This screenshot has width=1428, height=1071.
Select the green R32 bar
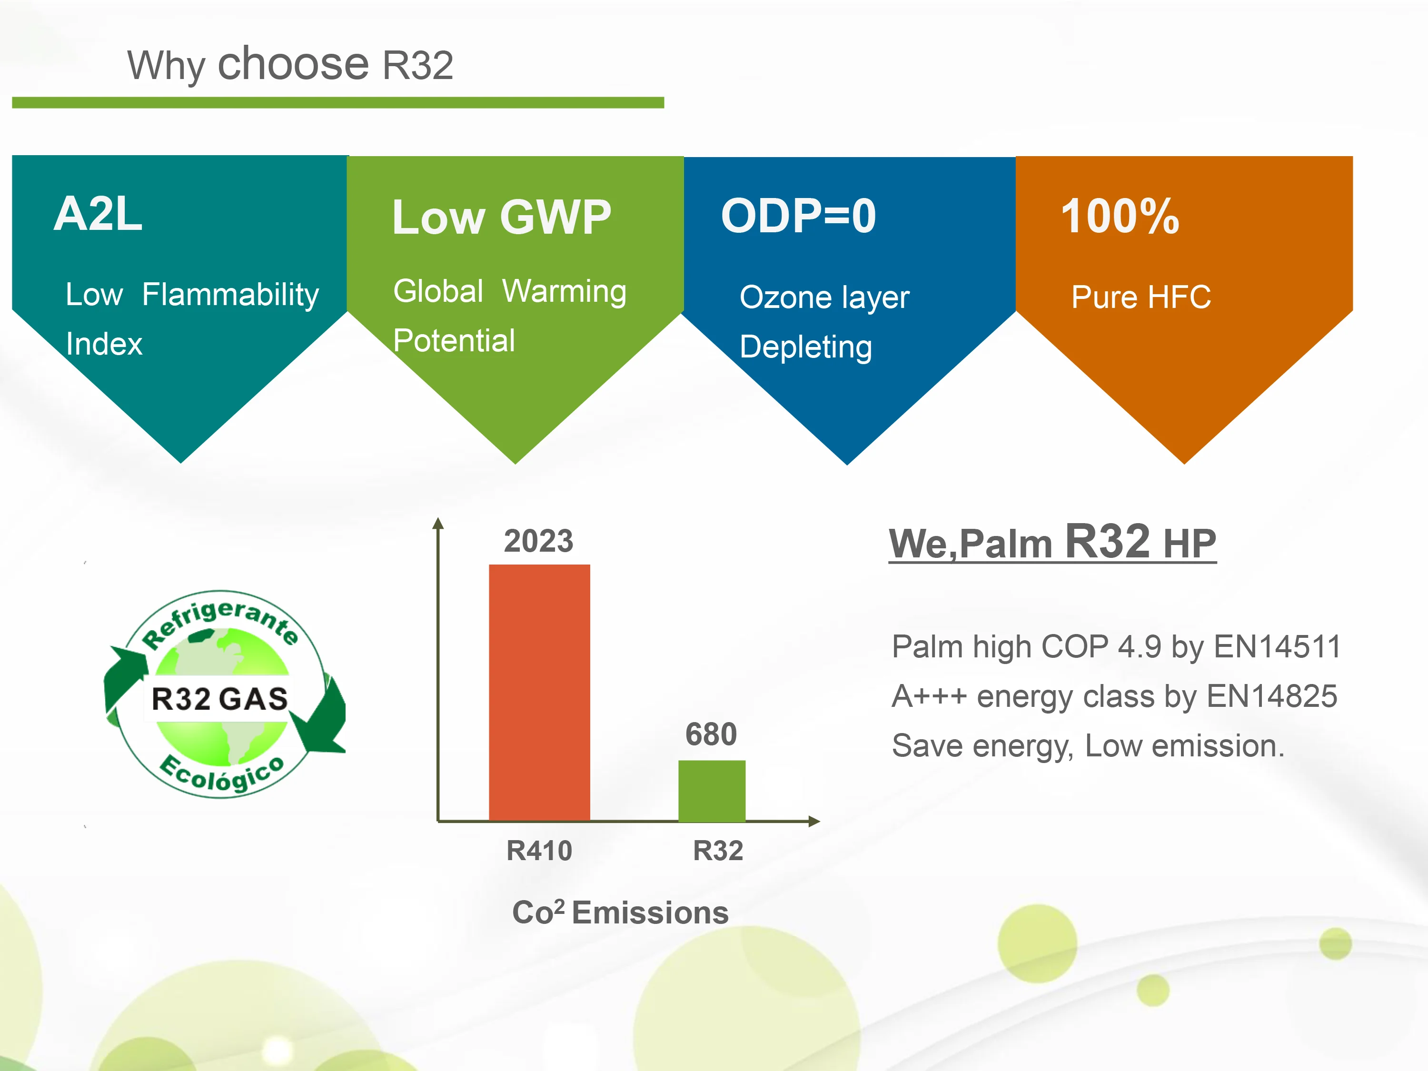(712, 790)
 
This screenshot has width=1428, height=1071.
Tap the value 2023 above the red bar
(538, 541)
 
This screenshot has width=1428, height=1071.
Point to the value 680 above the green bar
(711, 734)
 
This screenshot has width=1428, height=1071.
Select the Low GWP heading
(502, 217)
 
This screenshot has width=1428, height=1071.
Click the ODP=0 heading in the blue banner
(799, 216)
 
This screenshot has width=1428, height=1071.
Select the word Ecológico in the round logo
(222, 774)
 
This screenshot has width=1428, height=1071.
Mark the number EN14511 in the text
(1278, 647)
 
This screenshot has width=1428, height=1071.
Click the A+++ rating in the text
(930, 696)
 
